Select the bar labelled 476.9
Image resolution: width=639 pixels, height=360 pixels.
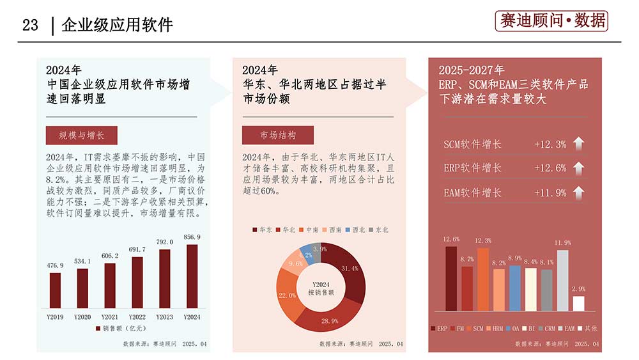tap(56, 290)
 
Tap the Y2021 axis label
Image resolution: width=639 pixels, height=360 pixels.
tap(110, 317)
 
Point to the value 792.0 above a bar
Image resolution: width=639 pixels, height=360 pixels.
tap(164, 242)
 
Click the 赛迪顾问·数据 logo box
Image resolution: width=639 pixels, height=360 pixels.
tap(551, 21)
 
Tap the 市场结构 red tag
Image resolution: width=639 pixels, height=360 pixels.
tap(277, 136)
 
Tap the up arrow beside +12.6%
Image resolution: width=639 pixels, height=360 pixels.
tap(578, 168)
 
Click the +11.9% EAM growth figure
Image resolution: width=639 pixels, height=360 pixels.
tap(550, 192)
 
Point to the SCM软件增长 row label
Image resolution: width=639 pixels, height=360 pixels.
tap(473, 144)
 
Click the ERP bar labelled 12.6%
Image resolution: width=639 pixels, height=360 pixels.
tap(451, 278)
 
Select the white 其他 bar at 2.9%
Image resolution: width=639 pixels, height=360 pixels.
tap(578, 303)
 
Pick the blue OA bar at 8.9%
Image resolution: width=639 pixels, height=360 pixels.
tap(515, 288)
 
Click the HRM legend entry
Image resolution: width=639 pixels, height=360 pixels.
tap(496, 328)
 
